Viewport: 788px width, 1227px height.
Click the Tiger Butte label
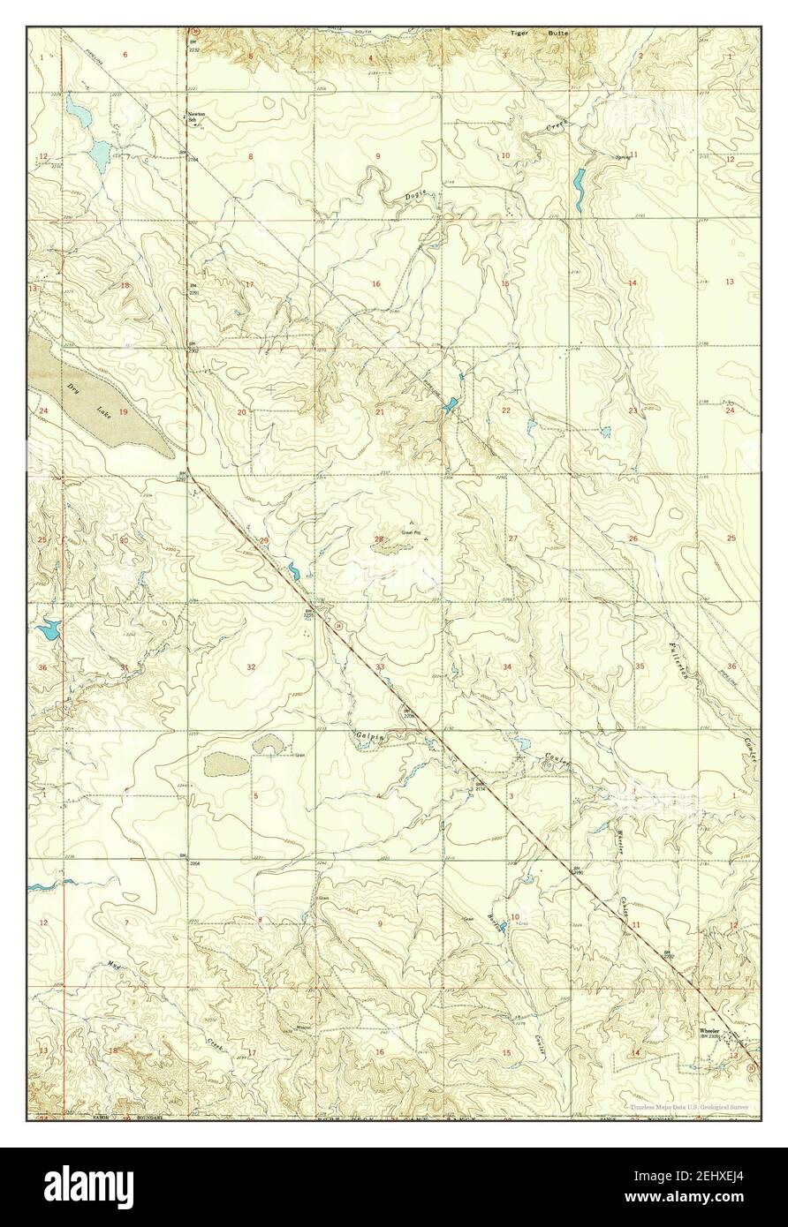539,34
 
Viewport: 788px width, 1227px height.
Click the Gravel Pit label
408,532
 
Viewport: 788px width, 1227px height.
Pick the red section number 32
252,666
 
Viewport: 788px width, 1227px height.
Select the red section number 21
379,412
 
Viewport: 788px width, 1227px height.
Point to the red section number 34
507,666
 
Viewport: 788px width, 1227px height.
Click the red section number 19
124,412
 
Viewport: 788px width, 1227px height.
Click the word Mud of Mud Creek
112,963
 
